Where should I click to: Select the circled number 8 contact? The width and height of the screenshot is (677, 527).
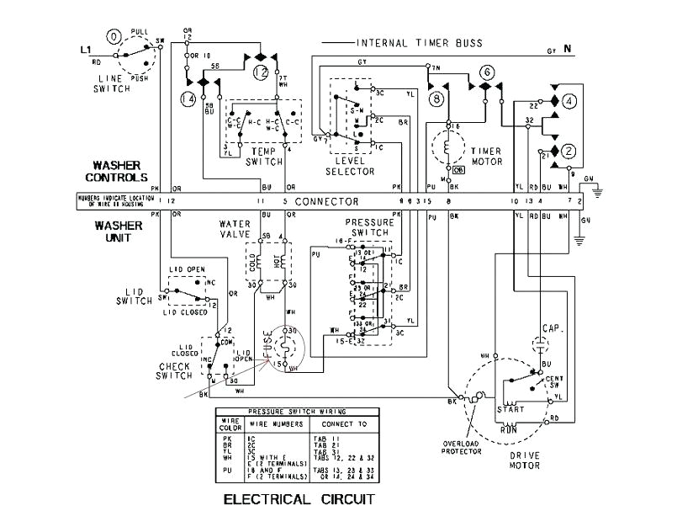click(436, 98)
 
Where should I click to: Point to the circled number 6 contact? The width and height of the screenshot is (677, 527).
click(485, 73)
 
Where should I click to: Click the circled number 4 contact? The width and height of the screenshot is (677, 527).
click(569, 102)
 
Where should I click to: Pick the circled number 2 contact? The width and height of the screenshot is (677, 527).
click(569, 151)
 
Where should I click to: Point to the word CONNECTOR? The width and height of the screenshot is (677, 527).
click(327, 202)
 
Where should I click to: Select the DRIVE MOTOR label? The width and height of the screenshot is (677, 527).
click(523, 460)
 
